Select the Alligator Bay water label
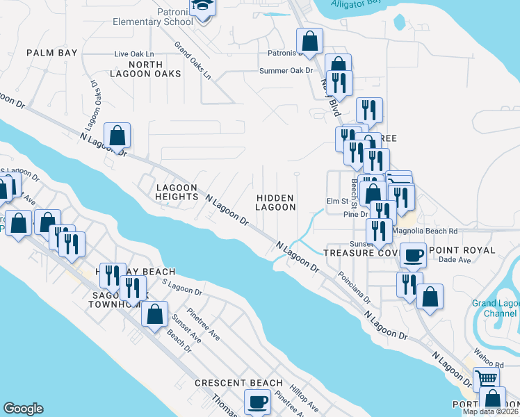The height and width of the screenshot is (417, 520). tap(356, 3)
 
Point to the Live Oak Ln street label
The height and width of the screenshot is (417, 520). tap(133, 54)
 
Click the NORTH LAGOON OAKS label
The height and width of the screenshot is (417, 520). tap(145, 69)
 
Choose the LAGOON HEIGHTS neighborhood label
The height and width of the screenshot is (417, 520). tap(177, 193)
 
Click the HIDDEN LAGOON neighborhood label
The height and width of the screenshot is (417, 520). tap(275, 202)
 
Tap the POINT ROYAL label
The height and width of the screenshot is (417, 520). tap(462, 250)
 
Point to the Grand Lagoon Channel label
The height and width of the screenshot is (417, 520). tap(494, 309)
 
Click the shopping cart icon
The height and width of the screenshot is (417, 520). tap(486, 379)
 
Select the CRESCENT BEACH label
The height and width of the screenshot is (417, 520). tap(238, 383)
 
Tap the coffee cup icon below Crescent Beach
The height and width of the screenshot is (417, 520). tap(258, 401)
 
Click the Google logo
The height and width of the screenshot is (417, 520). tap(23, 409)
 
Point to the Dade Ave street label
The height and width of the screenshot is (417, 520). tap(455, 260)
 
